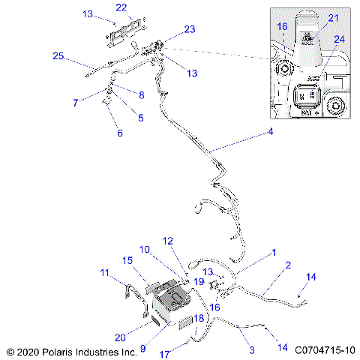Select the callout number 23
tap(190, 29)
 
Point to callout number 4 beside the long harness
tap(270, 133)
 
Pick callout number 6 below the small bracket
tap(119, 133)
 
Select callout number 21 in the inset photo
tap(333, 17)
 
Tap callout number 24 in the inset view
tap(340, 39)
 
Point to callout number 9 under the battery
tap(142, 347)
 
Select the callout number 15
tap(127, 259)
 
